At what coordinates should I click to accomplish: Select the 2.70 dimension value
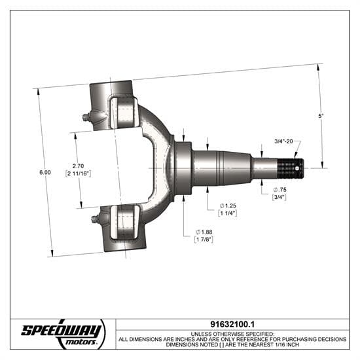click(x=78, y=166)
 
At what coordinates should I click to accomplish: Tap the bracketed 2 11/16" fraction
click(x=78, y=174)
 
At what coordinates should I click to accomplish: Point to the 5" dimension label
click(x=321, y=116)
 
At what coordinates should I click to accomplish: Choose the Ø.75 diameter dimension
click(x=279, y=190)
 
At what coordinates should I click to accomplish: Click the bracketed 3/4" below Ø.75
click(x=279, y=198)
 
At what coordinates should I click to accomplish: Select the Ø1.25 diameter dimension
click(x=227, y=206)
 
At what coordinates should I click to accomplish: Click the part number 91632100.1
click(x=232, y=325)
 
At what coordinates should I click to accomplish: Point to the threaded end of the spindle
click(x=289, y=169)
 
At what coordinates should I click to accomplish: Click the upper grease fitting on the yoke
click(x=86, y=118)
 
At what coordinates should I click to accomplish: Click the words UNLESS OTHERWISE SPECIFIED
click(x=232, y=333)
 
